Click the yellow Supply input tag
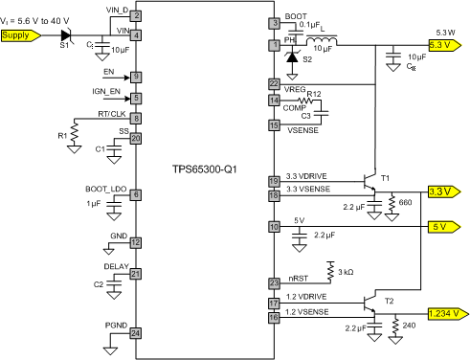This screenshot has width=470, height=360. (x=20, y=35)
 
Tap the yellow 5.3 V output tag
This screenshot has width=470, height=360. (x=447, y=44)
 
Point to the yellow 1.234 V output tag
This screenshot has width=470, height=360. (x=447, y=312)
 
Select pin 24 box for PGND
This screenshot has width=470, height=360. (x=137, y=333)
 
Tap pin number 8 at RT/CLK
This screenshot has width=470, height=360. (x=137, y=119)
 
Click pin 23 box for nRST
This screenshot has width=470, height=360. (x=274, y=282)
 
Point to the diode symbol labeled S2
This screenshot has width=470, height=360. (x=293, y=58)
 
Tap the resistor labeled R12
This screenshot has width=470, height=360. (x=307, y=100)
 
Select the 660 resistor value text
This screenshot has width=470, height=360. (x=405, y=204)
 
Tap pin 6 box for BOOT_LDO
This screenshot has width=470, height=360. (x=137, y=194)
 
